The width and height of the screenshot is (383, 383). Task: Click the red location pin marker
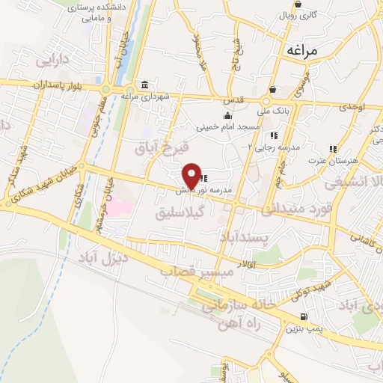(x=192, y=175)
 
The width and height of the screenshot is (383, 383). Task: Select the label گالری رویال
(x=298, y=15)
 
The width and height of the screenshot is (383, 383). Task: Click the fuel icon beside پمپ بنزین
(x=302, y=316)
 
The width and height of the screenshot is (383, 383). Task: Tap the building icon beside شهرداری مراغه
(x=144, y=85)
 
